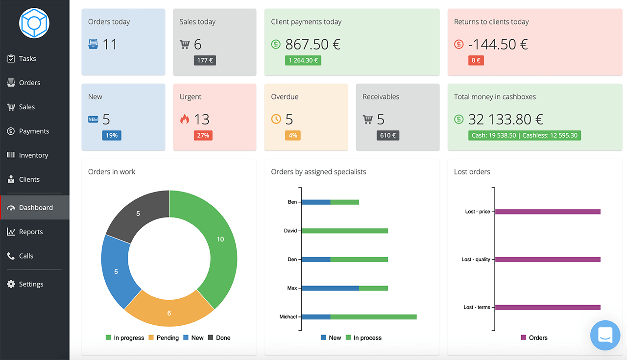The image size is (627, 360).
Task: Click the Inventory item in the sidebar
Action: click(33, 155)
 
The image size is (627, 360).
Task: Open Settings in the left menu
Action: click(31, 284)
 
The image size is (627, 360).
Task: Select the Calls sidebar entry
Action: click(26, 256)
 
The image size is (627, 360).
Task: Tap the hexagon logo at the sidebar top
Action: click(34, 23)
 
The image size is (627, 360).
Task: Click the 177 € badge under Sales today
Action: click(205, 61)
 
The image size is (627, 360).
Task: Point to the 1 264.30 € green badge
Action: click(303, 61)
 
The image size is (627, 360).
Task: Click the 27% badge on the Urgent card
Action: click(203, 135)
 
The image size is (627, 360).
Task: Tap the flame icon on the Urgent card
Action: click(185, 119)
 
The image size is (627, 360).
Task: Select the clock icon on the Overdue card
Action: click(276, 119)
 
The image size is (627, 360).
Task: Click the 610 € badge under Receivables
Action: click(388, 135)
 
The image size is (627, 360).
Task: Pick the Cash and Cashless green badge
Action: click(524, 135)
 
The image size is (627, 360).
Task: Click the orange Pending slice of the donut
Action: click(169, 309)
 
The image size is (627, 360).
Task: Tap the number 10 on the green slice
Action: click(220, 239)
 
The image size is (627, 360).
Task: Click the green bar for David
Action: click(345, 231)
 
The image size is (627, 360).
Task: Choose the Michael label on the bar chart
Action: click(288, 317)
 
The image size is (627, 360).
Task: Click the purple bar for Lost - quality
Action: click(548, 260)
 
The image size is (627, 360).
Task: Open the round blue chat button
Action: click(605, 336)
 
